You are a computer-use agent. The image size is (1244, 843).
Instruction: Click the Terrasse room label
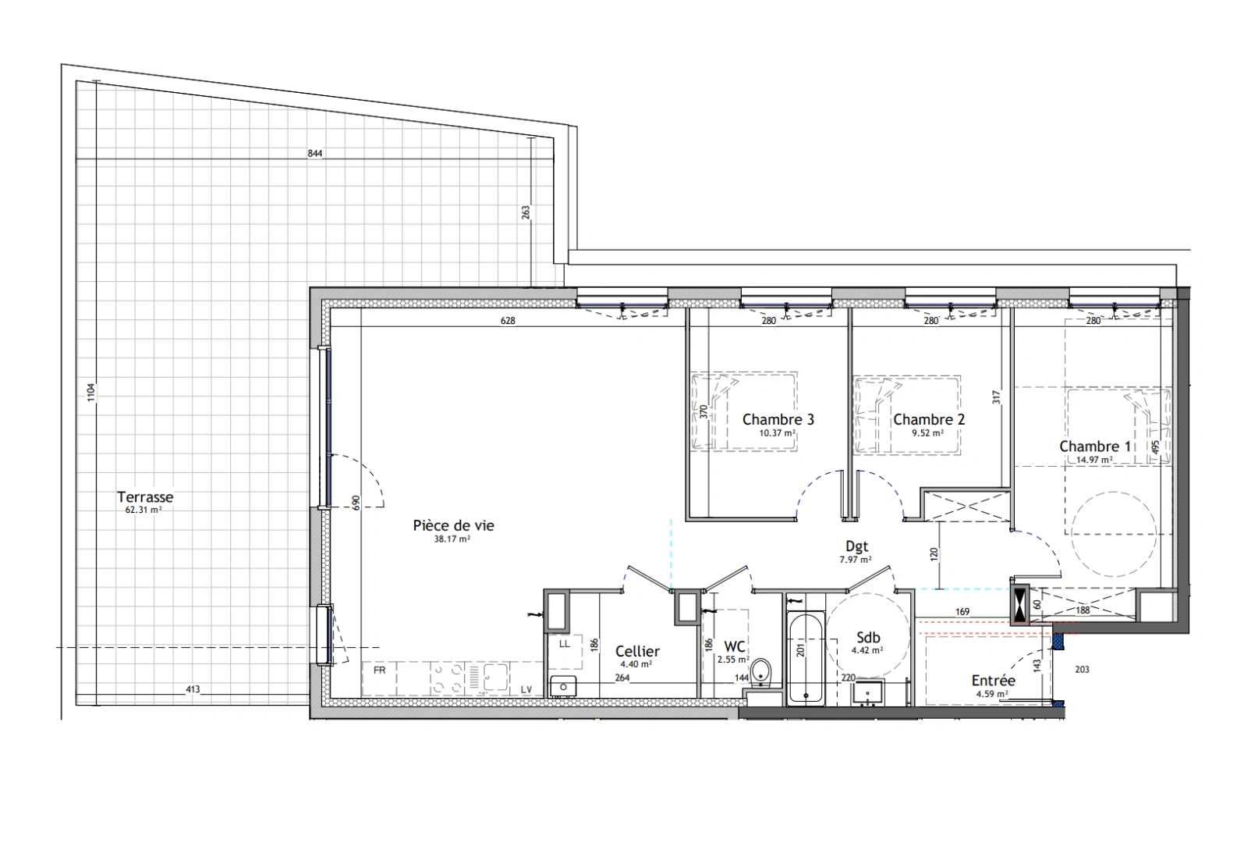point(145,496)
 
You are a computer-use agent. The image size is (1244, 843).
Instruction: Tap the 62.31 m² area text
point(144,509)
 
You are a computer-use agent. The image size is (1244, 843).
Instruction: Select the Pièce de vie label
point(453,525)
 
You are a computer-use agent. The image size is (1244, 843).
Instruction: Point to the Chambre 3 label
point(778,420)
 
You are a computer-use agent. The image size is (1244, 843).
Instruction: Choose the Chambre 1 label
point(1094,446)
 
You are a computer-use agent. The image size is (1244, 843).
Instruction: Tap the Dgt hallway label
point(856,547)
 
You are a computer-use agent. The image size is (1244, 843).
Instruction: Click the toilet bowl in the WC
point(760,672)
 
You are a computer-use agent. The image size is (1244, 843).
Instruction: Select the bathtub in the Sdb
point(805,659)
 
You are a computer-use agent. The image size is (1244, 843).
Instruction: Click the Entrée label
point(993,681)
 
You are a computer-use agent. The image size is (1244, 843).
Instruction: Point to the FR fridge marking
point(379,670)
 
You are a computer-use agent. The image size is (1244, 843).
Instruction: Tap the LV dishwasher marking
point(526,690)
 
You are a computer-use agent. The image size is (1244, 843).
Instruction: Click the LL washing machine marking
point(564,644)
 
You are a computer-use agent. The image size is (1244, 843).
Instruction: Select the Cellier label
point(637,651)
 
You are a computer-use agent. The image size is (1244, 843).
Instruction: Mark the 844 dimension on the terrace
point(315,154)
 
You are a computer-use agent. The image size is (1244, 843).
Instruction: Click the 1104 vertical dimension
point(91,393)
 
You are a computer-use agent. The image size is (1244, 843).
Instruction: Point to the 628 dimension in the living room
point(508,321)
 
